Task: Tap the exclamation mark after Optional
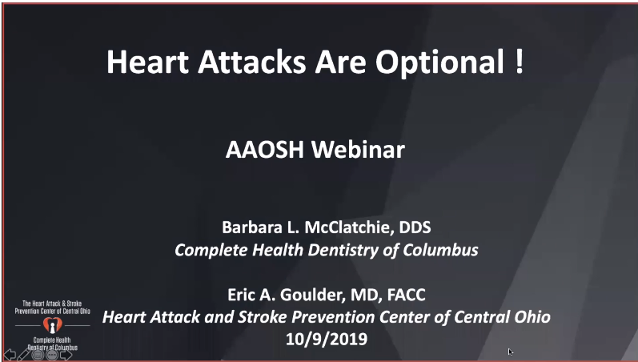click(x=520, y=61)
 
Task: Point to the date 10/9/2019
click(x=326, y=339)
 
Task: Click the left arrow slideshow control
click(x=10, y=353)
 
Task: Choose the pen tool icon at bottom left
click(x=23, y=353)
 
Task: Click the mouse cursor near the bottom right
click(x=510, y=351)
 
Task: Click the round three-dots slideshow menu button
click(x=51, y=353)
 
